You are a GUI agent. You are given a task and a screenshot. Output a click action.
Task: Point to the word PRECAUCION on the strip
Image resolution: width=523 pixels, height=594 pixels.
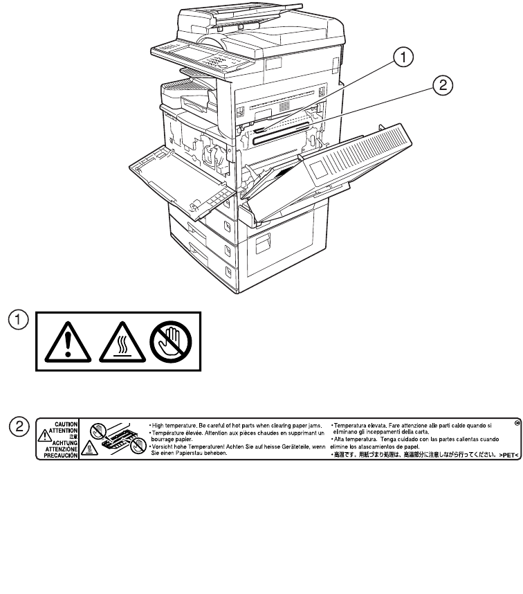pyautogui.click(x=62, y=447)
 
